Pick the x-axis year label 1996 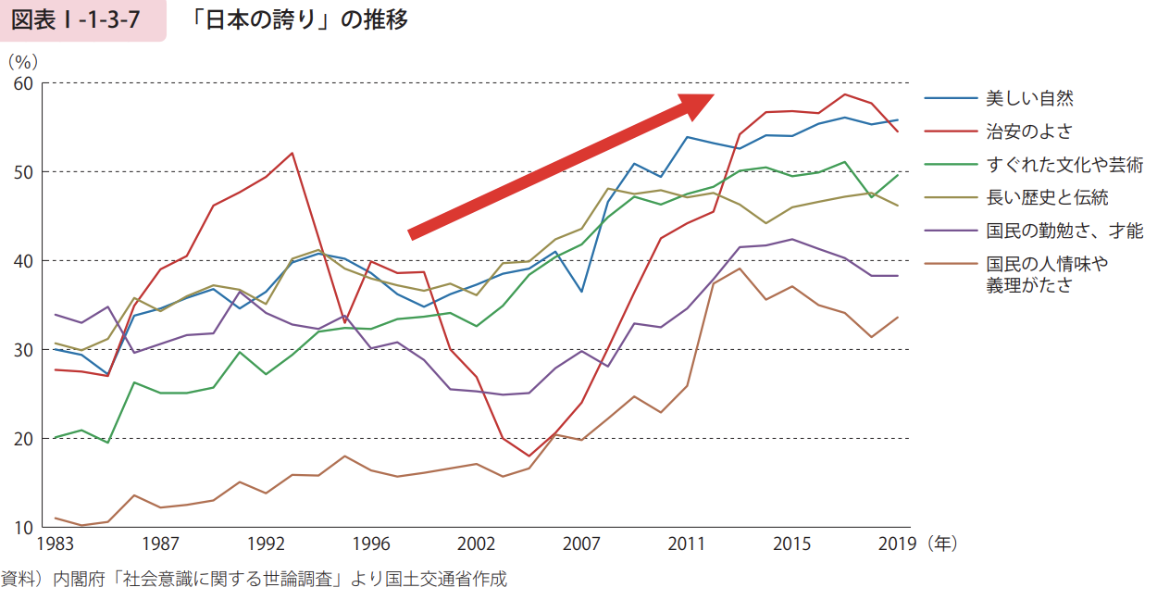pyautogui.click(x=372, y=544)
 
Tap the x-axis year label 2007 pyautogui.click(x=581, y=544)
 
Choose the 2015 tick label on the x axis pyautogui.click(x=791, y=544)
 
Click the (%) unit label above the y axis pyautogui.click(x=22, y=61)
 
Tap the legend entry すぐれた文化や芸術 pyautogui.click(x=1064, y=165)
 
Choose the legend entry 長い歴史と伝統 pyautogui.click(x=1047, y=197)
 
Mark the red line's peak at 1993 pyautogui.click(x=292, y=153)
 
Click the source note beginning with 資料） pyautogui.click(x=255, y=580)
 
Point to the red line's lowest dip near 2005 pyautogui.click(x=529, y=456)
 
